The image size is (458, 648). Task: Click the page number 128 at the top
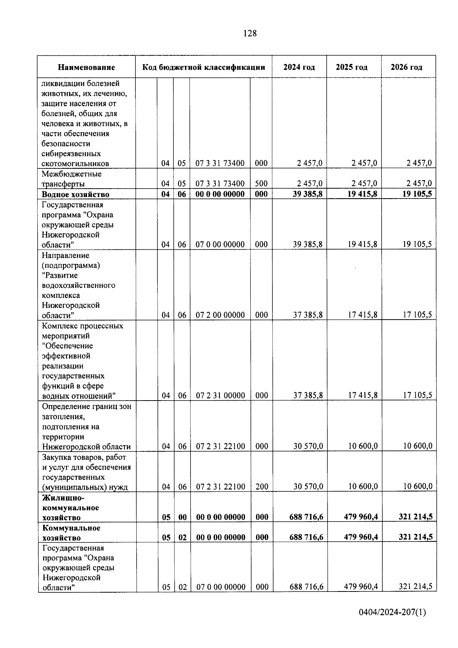(250, 34)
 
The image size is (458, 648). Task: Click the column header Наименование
(86, 68)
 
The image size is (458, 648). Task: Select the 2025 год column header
(352, 67)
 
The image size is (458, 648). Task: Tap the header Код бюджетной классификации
(203, 68)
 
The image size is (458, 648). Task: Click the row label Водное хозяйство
(76, 194)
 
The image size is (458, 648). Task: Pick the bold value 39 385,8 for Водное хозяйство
(308, 194)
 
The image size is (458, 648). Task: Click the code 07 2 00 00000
(220, 315)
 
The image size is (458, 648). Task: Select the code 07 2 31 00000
(220, 396)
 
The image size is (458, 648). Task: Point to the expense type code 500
(261, 184)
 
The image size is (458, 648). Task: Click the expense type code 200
(262, 487)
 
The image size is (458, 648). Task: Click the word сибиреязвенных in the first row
(71, 154)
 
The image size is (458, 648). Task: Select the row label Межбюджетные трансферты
(72, 179)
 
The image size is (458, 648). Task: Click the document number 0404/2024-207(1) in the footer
(392, 612)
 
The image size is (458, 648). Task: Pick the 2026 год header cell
(406, 67)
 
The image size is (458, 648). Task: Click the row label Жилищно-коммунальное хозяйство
(71, 508)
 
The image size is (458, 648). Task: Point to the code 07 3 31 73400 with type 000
(220, 163)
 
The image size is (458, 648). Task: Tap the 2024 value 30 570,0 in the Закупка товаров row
(308, 487)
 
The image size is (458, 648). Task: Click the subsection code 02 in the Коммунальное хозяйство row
(182, 537)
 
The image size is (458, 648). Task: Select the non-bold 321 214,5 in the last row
(415, 587)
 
